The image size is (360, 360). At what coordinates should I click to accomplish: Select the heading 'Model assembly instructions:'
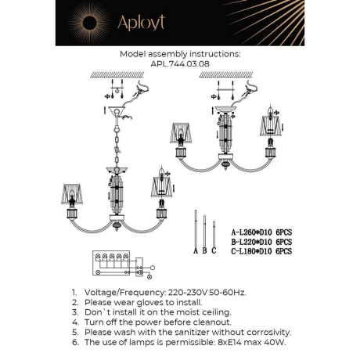(180, 56)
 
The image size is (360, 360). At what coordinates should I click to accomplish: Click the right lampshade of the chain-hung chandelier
(164, 187)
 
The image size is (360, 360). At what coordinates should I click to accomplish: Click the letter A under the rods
(195, 250)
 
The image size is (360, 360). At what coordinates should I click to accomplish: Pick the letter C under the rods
(213, 250)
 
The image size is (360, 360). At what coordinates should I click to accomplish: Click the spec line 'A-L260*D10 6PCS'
(261, 232)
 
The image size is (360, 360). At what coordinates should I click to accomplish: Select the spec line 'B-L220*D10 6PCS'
(261, 242)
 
